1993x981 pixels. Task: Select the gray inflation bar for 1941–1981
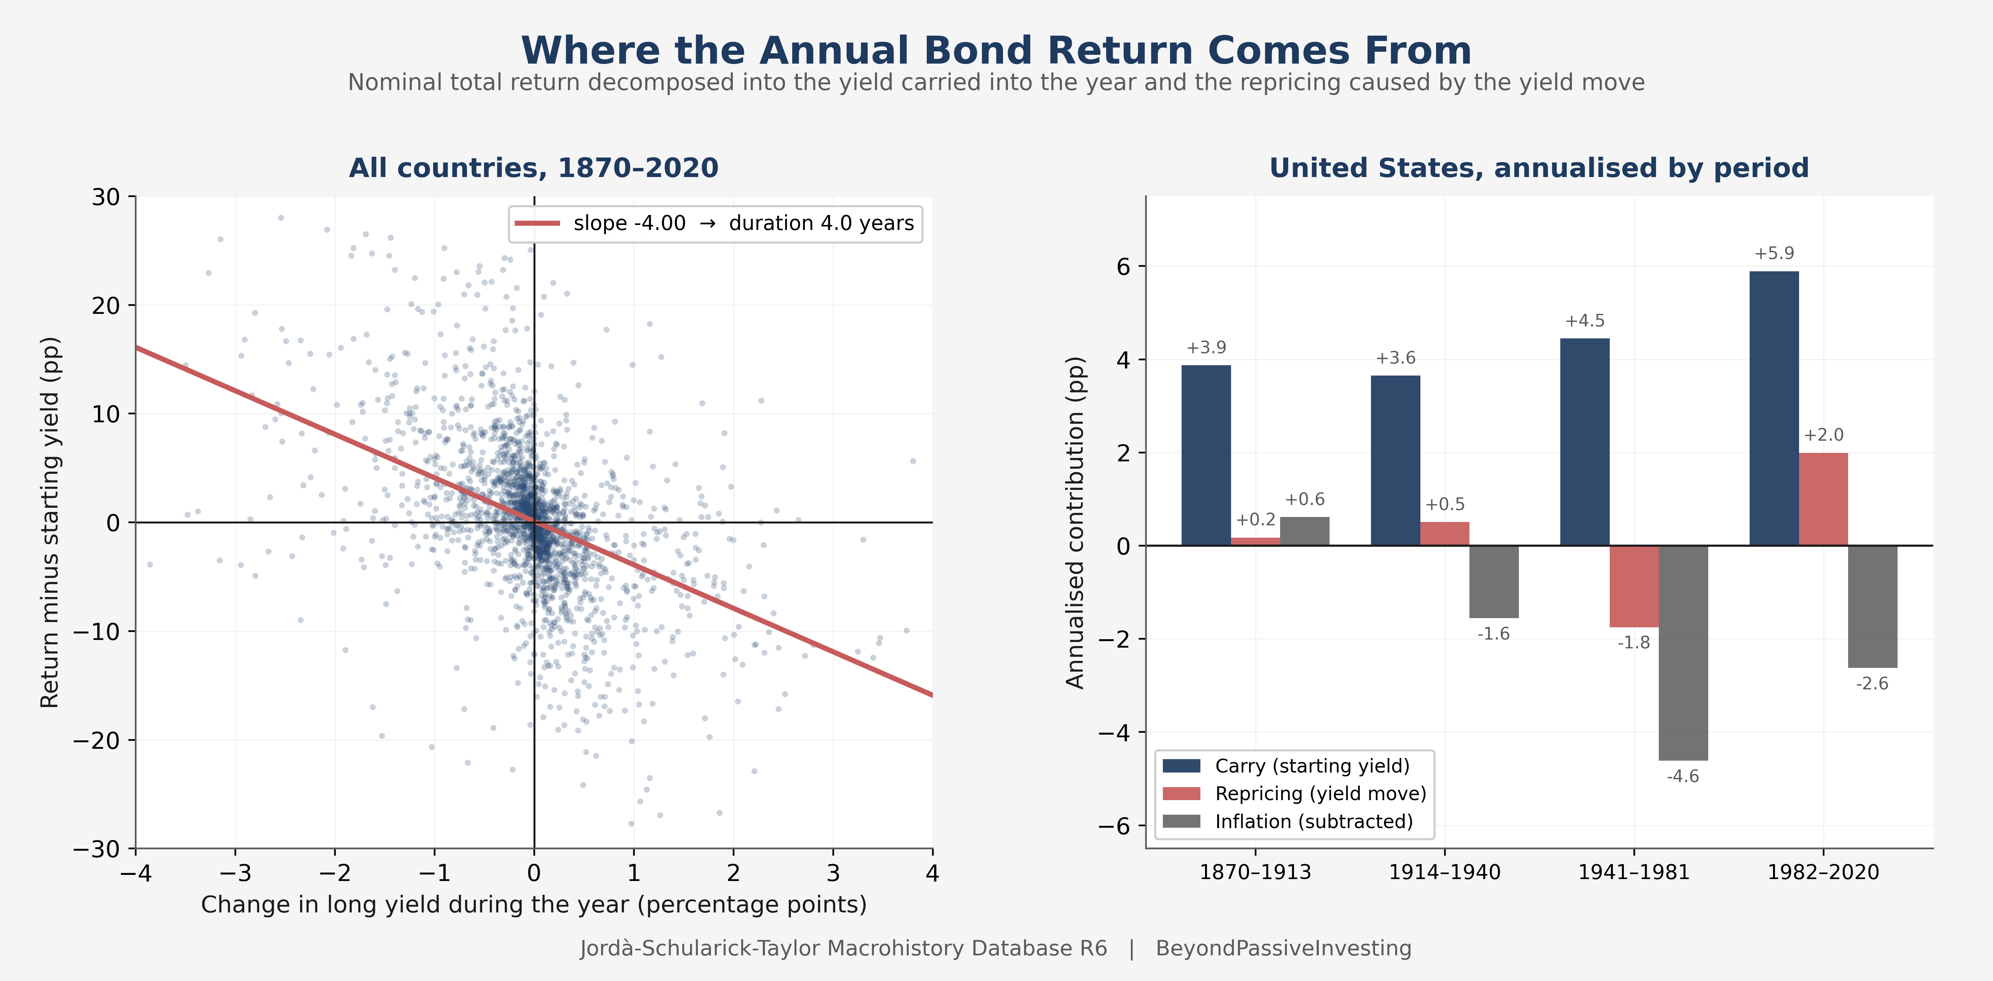pos(1684,653)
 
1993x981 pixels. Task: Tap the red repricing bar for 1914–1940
pos(1445,534)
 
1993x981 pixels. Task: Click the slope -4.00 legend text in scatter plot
pos(629,223)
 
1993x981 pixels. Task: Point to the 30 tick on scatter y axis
pos(106,197)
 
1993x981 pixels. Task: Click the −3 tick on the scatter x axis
pos(235,873)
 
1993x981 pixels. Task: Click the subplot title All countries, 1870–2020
pos(534,168)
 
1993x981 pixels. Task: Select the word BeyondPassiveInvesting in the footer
pos(1284,948)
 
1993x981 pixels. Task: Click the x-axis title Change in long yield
pos(534,904)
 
